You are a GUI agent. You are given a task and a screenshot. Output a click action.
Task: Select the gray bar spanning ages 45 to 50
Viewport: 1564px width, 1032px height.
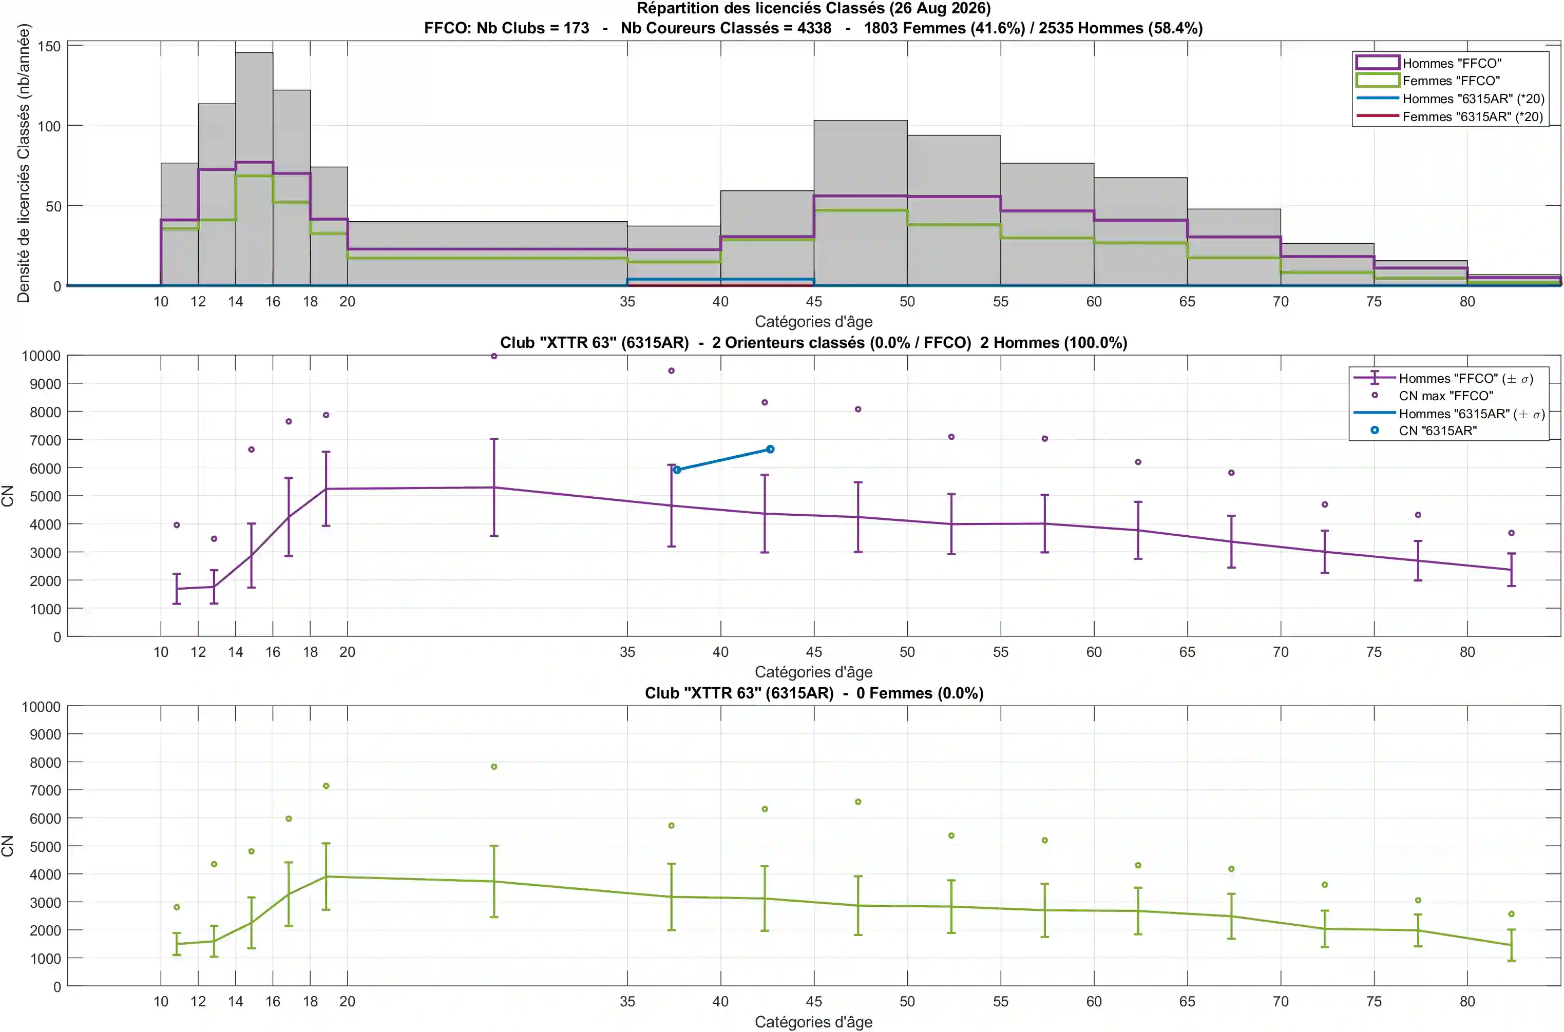[x=860, y=203]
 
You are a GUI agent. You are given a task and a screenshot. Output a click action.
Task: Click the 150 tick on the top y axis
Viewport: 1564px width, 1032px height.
[x=49, y=46]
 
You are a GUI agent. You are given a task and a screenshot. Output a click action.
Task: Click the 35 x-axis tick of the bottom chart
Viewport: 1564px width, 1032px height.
[x=627, y=1001]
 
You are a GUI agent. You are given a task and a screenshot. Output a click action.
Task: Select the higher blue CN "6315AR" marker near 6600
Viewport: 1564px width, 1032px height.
[x=770, y=450]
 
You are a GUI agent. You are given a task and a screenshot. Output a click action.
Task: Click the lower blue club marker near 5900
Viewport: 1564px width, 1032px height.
[x=677, y=470]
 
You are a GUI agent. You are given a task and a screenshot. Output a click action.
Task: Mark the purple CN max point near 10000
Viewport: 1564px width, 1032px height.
[x=494, y=356]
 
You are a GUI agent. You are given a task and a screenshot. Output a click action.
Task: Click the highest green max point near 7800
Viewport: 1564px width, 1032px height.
[x=494, y=767]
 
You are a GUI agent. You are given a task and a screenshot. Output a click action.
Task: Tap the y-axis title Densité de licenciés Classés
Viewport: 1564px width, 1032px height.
[x=23, y=163]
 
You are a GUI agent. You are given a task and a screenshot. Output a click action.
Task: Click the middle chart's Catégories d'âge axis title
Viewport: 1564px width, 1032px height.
[x=813, y=672]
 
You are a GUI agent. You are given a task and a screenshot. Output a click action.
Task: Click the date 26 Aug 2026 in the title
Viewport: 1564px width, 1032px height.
[x=939, y=9]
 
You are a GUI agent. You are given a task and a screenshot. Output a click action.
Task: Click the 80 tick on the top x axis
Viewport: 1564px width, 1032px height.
[x=1466, y=301]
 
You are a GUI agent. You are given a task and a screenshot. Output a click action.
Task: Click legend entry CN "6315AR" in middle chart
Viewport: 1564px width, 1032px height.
[x=1438, y=431]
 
